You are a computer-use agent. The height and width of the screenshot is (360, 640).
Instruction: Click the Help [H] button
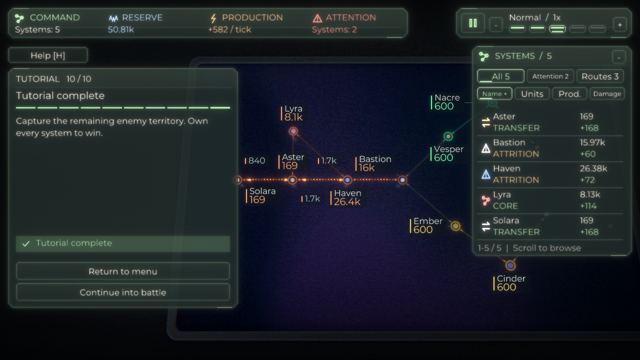pos(48,55)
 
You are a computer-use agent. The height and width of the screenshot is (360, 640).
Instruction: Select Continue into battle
pos(123,292)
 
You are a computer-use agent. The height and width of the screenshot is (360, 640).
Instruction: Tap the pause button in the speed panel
pos(473,23)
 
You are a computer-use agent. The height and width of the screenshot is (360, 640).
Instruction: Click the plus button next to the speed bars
pos(619,25)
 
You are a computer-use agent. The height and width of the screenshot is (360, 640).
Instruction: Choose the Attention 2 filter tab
pos(550,76)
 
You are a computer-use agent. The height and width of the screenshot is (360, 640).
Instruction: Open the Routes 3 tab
pos(600,76)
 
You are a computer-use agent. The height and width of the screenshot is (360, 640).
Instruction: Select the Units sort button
pos(532,93)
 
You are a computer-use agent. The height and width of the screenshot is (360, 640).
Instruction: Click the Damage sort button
pos(607,93)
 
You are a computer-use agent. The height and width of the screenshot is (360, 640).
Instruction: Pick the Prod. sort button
pos(569,93)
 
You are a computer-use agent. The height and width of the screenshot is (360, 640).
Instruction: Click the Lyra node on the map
pos(293,131)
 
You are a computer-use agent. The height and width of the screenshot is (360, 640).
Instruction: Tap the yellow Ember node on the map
pos(455,226)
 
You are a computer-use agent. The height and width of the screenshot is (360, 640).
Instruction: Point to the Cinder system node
pos(510,265)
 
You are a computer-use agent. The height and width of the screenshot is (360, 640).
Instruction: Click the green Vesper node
pos(448,136)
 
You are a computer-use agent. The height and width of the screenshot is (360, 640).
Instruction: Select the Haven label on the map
pos(347,193)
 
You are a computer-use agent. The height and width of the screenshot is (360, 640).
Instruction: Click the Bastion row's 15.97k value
pos(592,142)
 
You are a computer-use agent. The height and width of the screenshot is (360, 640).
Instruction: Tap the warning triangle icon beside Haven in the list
pos(485,174)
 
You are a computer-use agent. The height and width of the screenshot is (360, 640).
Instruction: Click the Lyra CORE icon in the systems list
pos(485,200)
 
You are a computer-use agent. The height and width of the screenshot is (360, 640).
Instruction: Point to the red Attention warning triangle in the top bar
pos(317,18)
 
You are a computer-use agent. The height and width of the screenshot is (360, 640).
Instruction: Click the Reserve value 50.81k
pos(121,29)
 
